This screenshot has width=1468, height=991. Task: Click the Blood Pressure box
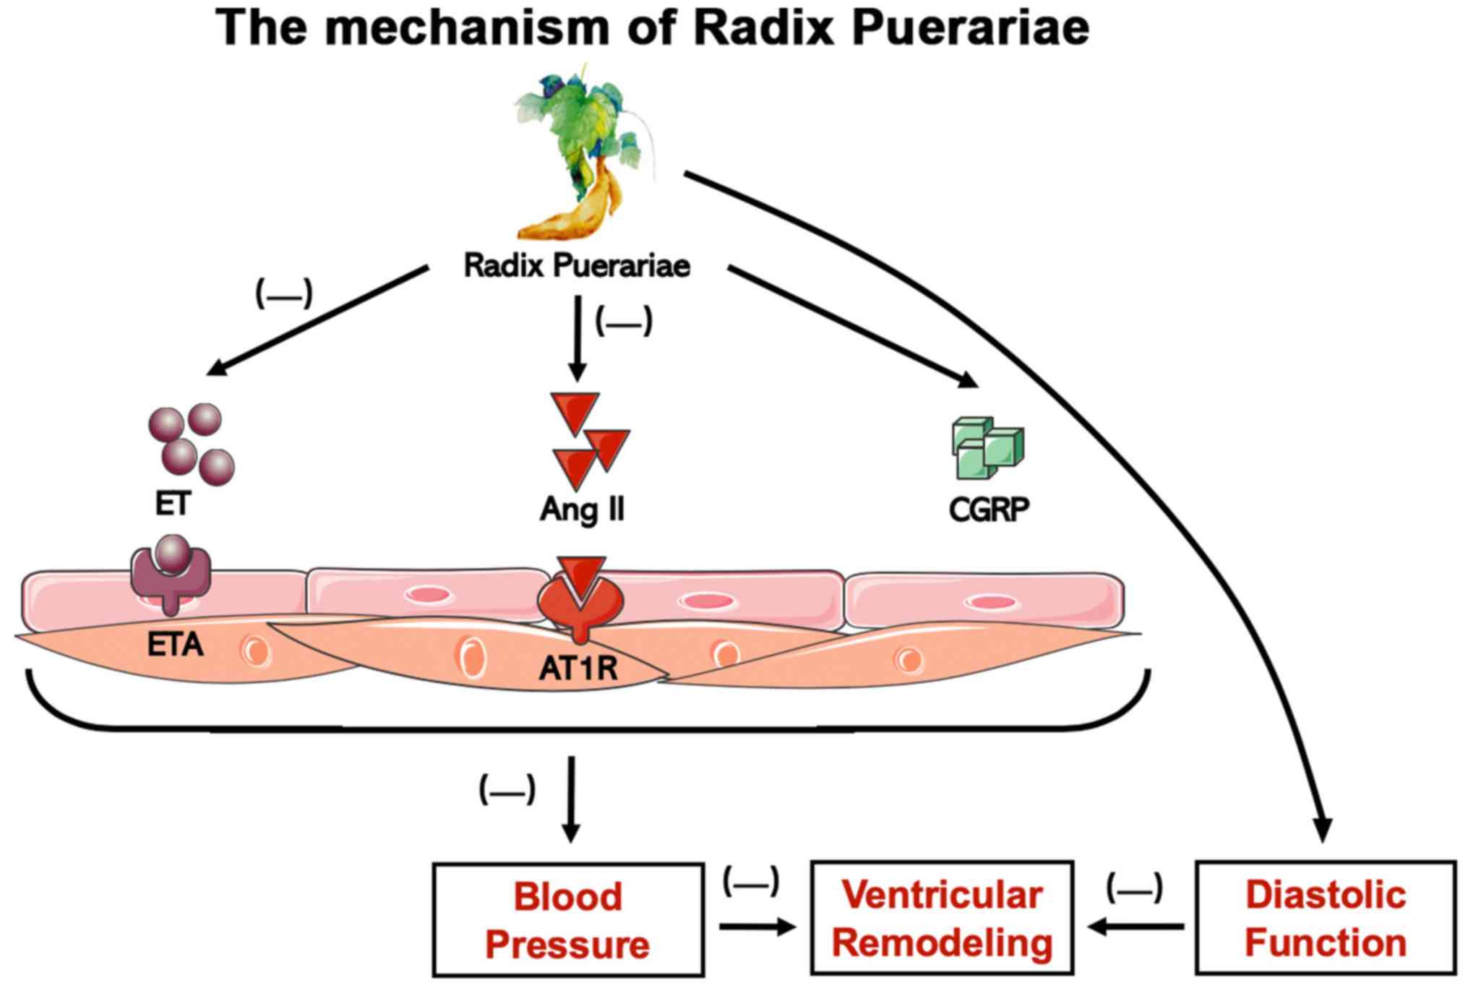(x=568, y=919)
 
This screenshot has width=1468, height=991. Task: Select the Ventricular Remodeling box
(x=942, y=918)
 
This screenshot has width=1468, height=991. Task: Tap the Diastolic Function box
(x=1326, y=918)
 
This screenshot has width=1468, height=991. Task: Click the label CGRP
(x=989, y=510)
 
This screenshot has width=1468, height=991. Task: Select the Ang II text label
(x=583, y=509)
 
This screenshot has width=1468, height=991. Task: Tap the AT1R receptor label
(x=578, y=669)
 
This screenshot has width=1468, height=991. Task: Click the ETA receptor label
(x=176, y=645)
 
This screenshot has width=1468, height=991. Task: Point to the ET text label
(x=173, y=504)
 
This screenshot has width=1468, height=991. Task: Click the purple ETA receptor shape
(x=171, y=578)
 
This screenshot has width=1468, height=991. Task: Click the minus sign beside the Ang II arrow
(x=623, y=322)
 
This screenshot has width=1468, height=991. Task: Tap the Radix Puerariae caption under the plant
(x=577, y=265)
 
